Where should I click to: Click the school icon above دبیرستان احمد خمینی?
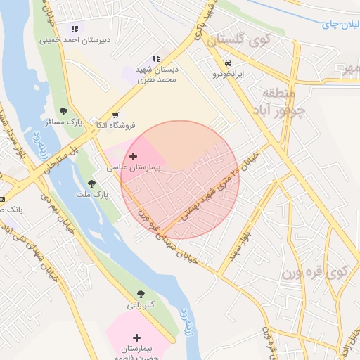pyautogui.click(x=74, y=29)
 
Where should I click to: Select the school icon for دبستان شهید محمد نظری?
pyautogui.click(x=156, y=59)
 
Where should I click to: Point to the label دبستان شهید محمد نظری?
pyautogui.click(x=156, y=75)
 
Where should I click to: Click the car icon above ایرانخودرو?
pyautogui.click(x=228, y=63)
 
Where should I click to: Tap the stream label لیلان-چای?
pyautogui.click(x=340, y=25)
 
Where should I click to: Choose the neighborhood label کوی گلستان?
pyautogui.click(x=239, y=41)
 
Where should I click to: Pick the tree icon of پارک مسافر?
pyautogui.click(x=64, y=111)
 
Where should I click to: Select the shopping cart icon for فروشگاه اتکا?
pyautogui.click(x=115, y=115)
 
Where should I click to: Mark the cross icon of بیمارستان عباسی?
pyautogui.click(x=134, y=157)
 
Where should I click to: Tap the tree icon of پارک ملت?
pyautogui.click(x=91, y=184)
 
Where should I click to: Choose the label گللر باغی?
pyautogui.click(x=141, y=305)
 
